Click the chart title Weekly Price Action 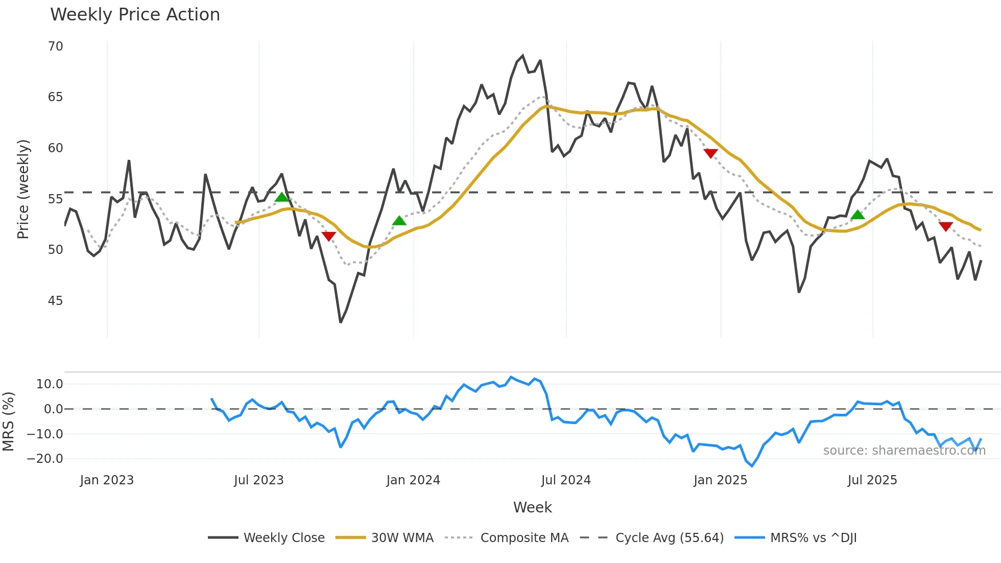pyautogui.click(x=135, y=15)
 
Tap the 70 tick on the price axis pyautogui.click(x=56, y=46)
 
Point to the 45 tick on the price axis pyautogui.click(x=56, y=301)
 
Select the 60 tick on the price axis pyautogui.click(x=56, y=148)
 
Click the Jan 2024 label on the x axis pyautogui.click(x=413, y=480)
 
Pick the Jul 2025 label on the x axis pyautogui.click(x=872, y=480)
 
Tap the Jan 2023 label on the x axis pyautogui.click(x=107, y=480)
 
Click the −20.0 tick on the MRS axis pyautogui.click(x=45, y=459)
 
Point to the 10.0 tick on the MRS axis pyautogui.click(x=50, y=384)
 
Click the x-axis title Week pyautogui.click(x=532, y=507)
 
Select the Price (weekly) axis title pyautogui.click(x=23, y=189)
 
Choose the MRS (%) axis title pyautogui.click(x=8, y=421)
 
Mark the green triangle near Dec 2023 pyautogui.click(x=399, y=221)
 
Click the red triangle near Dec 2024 pyautogui.click(x=710, y=153)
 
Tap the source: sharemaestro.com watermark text pyautogui.click(x=904, y=451)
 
